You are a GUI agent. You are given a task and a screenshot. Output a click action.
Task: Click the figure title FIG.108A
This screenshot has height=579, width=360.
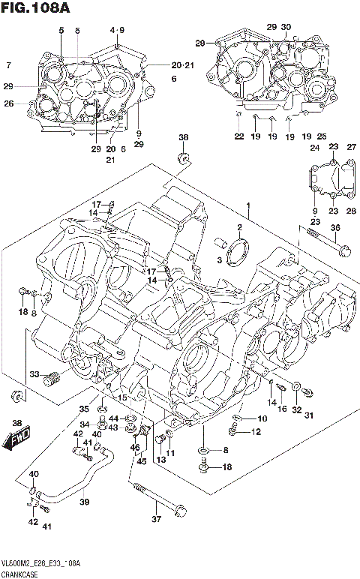point(37,8)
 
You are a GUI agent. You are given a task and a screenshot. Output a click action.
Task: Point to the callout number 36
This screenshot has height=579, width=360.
point(335,228)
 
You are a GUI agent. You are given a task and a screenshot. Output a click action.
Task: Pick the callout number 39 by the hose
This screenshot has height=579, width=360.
point(84,502)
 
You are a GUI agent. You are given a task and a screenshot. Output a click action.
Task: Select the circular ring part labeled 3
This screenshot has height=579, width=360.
point(238,250)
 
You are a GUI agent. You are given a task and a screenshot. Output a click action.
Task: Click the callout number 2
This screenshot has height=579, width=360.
point(239,227)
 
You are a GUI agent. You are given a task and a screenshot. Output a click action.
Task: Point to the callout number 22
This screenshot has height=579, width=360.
point(238,136)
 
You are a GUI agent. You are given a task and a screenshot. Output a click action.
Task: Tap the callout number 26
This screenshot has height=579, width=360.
point(8,103)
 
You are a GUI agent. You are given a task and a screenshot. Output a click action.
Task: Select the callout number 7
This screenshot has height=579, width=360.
point(8,64)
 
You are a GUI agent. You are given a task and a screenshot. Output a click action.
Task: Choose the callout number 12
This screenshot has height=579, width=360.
point(256,431)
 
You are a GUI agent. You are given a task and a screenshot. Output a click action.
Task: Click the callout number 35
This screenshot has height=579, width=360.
point(84,409)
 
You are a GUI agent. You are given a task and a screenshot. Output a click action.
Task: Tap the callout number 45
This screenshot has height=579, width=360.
point(139,461)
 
